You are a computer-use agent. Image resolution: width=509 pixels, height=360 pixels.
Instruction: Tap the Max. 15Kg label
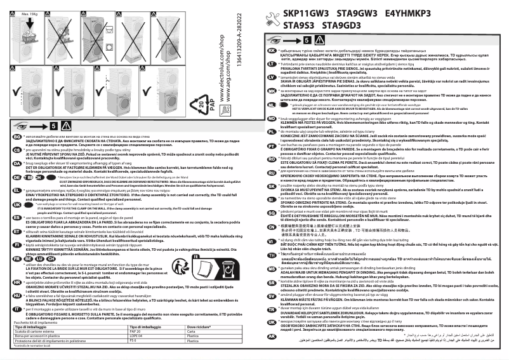[27, 12]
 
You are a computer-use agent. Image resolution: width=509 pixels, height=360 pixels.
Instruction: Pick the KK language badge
[272, 50]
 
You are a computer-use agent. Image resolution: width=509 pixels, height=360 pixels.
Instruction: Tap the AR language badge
[272, 336]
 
